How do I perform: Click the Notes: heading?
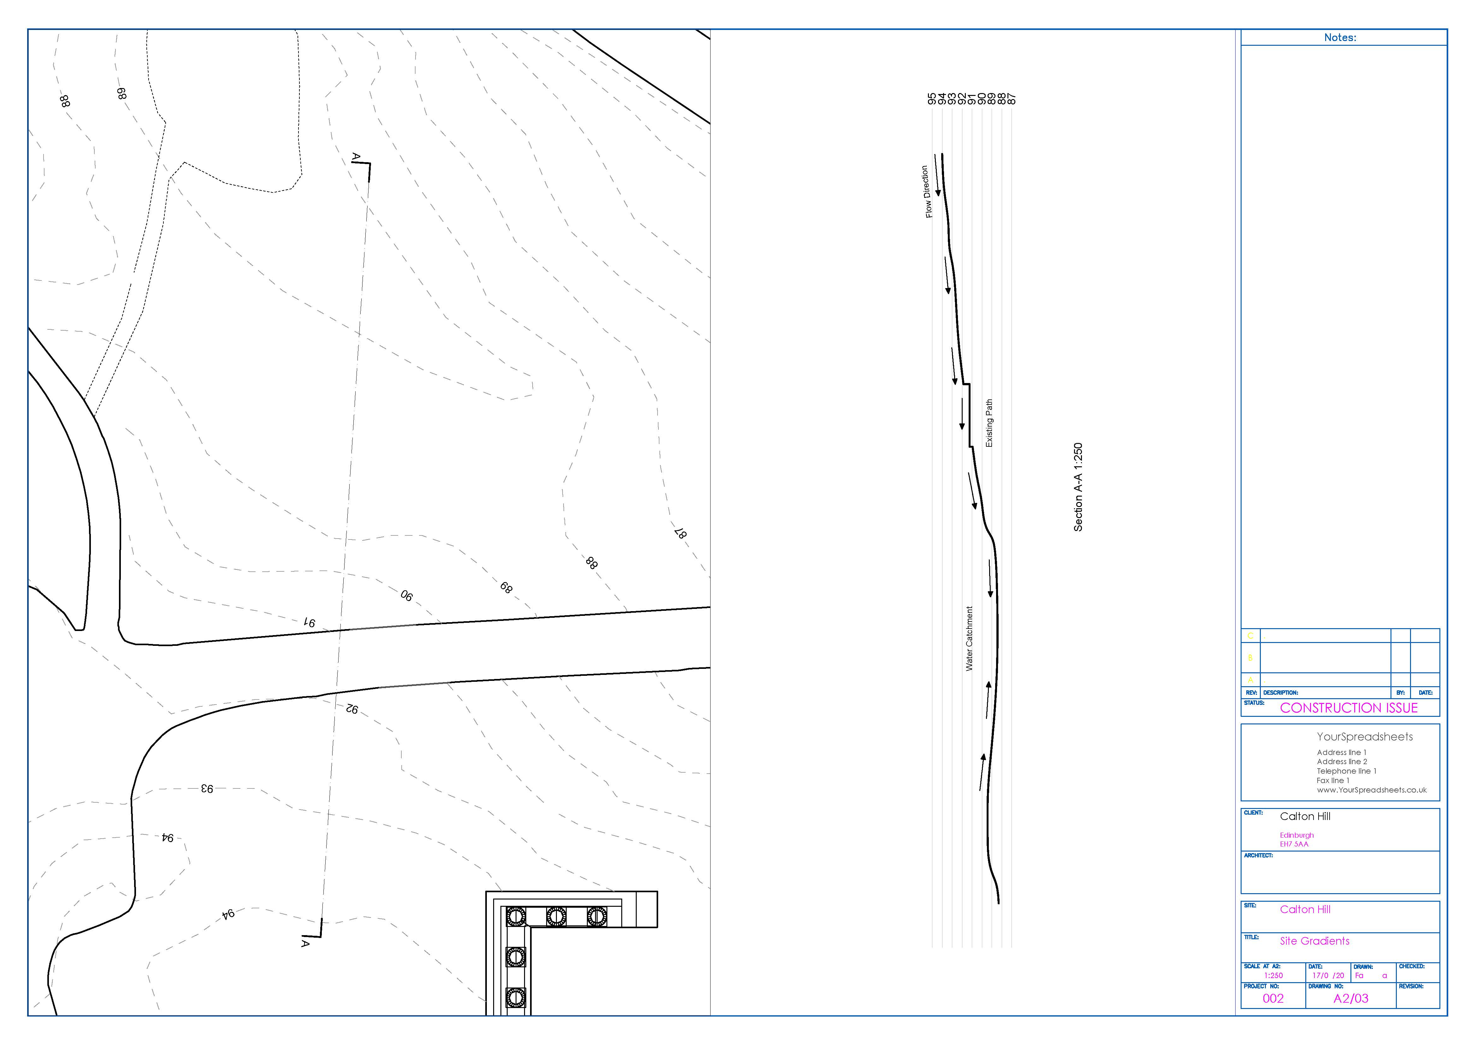click(x=1340, y=37)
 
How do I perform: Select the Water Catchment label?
click(x=969, y=638)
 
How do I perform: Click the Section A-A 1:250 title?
click(x=1078, y=487)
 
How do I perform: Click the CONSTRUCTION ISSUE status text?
click(x=1349, y=708)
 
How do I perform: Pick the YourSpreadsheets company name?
click(x=1364, y=737)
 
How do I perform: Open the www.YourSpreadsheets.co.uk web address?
click(x=1371, y=790)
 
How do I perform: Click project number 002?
click(x=1273, y=998)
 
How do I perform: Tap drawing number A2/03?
click(x=1351, y=998)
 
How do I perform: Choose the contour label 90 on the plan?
click(x=406, y=595)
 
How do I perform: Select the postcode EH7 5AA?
click(x=1293, y=844)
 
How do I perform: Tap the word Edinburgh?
click(x=1297, y=835)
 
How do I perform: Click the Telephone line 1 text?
click(x=1346, y=771)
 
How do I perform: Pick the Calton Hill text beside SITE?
click(x=1305, y=909)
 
